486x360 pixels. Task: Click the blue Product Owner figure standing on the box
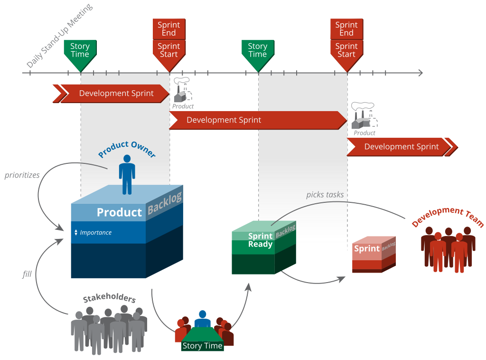[127, 174]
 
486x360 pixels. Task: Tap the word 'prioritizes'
[22, 175]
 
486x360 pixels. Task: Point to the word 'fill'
[27, 274]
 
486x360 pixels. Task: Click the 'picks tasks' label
[325, 194]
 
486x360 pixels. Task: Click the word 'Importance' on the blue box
[96, 233]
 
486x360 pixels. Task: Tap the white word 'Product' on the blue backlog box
[119, 212]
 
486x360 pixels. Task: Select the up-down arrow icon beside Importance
[76, 233]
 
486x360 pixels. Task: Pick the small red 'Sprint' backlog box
[374, 255]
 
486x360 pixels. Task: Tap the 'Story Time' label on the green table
[202, 346]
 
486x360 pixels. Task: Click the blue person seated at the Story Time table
[203, 319]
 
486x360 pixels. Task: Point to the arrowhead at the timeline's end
[420, 73]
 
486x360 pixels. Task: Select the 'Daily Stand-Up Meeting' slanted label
[59, 36]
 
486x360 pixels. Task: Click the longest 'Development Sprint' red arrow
[257, 120]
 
